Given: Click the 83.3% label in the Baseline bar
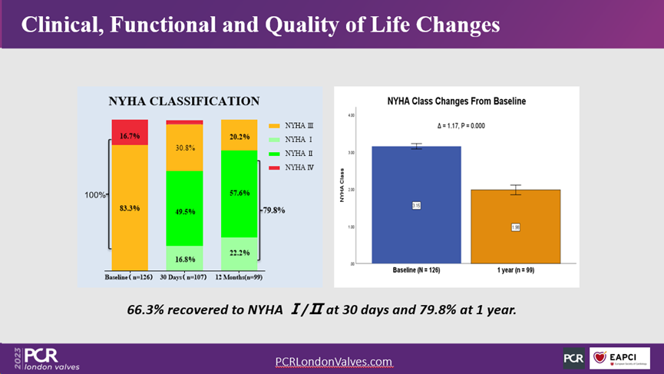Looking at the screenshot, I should click(x=130, y=208).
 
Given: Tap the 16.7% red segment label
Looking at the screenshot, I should click(x=130, y=136).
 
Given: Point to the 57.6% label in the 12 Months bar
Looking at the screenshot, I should click(x=239, y=194).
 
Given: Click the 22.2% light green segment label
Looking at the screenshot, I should click(x=239, y=252).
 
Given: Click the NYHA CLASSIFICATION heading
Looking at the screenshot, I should click(x=183, y=101).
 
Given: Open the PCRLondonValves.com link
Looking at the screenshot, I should click(x=333, y=361).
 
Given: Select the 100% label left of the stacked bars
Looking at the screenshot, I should click(x=95, y=195).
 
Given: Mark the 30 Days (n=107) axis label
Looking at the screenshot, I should click(x=185, y=276).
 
